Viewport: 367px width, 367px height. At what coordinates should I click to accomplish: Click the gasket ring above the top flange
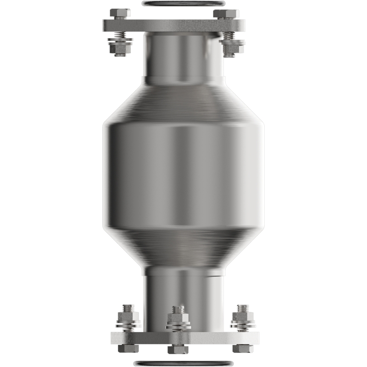[183, 4]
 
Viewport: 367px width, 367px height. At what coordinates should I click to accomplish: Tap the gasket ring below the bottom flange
[183, 363]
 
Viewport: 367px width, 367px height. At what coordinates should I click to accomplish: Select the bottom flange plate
[183, 339]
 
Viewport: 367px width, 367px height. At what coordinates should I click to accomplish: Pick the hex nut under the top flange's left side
[120, 46]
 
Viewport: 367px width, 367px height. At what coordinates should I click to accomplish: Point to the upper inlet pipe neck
[183, 57]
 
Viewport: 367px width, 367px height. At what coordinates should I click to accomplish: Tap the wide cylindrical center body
[183, 174]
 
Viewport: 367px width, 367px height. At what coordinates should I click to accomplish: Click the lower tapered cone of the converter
[183, 248]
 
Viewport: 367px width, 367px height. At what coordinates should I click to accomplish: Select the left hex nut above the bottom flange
[128, 317]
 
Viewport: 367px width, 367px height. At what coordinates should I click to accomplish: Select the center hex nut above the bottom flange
[178, 317]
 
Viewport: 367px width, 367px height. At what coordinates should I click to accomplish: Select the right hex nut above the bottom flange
[242, 317]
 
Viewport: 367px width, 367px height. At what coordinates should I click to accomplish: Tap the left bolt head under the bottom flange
[128, 349]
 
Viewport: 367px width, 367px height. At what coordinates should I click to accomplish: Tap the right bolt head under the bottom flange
[242, 349]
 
